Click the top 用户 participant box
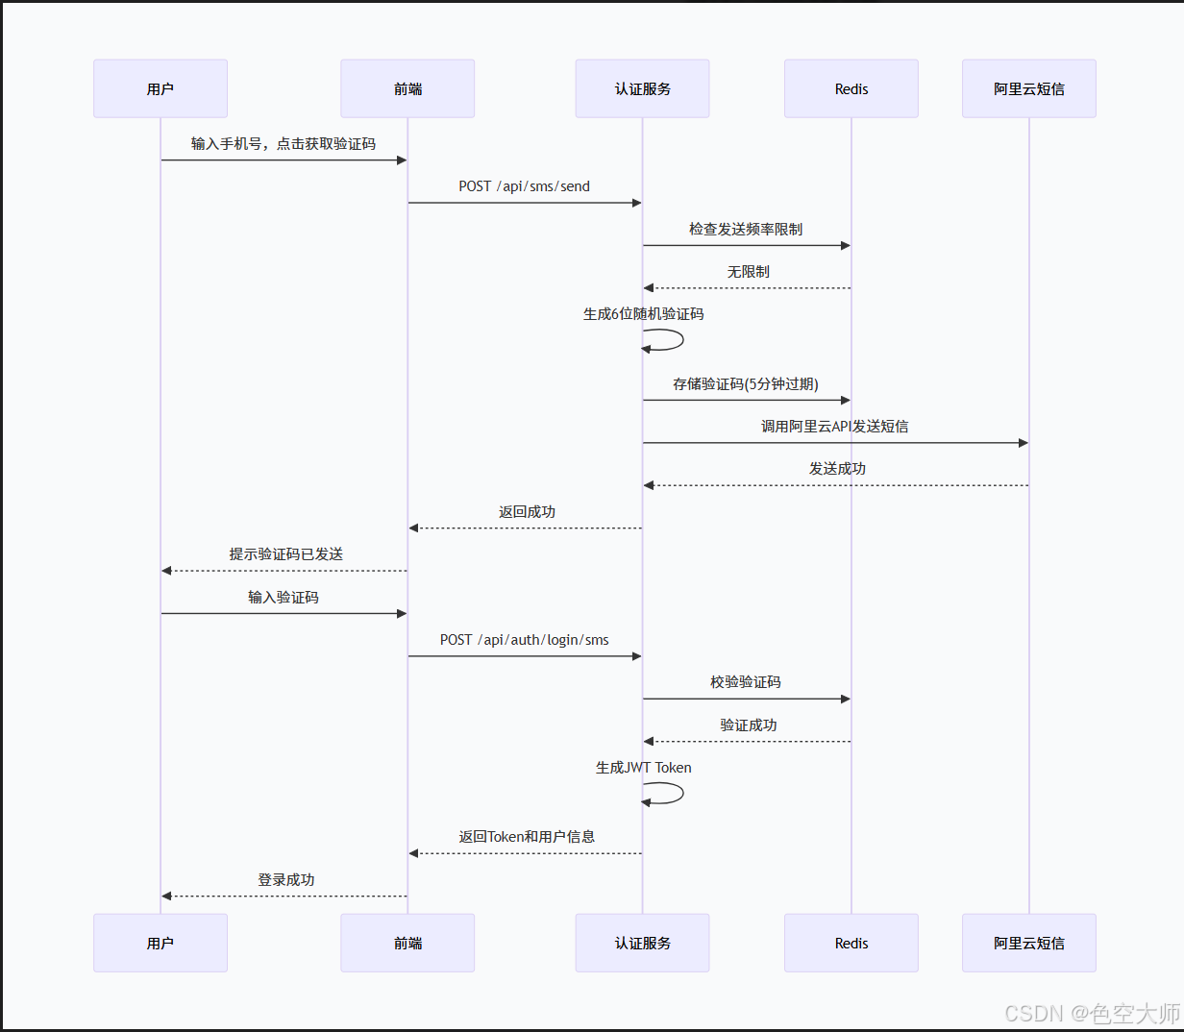160,88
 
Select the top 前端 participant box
407,88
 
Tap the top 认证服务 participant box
642,88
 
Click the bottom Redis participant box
851,943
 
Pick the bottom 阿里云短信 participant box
1028,943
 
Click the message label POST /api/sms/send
524,186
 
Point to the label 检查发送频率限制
746,229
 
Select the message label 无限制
748,272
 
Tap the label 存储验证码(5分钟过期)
746,384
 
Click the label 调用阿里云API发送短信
834,427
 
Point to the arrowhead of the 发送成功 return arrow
649,485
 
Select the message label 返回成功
527,512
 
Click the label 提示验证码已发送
285,554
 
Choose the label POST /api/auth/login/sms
524,640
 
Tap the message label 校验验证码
746,682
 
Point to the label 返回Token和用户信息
527,837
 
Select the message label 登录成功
285,880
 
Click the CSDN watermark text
1092,1013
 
